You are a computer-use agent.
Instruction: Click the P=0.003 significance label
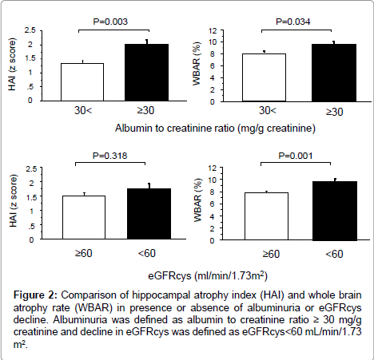point(110,22)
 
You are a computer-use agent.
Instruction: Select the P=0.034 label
point(292,22)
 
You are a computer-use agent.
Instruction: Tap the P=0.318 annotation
point(109,156)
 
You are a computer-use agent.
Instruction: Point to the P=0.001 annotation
point(296,156)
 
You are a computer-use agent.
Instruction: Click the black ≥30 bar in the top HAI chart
point(146,73)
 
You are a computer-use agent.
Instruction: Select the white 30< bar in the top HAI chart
point(82,82)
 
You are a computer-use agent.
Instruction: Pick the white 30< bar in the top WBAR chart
point(264,77)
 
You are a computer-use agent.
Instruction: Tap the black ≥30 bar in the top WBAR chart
point(334,73)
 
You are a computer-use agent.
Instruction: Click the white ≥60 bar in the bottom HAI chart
point(84,217)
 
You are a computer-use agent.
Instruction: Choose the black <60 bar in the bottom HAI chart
point(149,214)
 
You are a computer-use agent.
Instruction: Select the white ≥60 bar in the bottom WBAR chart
point(266,216)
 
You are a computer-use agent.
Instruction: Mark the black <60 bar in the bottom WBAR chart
point(335,211)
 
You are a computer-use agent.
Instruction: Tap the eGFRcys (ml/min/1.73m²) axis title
point(208,275)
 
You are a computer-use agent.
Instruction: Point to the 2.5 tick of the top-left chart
point(30,30)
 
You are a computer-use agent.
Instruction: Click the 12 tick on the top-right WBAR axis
point(213,31)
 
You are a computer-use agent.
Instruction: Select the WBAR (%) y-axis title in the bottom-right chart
point(198,200)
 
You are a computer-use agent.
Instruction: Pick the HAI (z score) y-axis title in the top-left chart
point(13,64)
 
